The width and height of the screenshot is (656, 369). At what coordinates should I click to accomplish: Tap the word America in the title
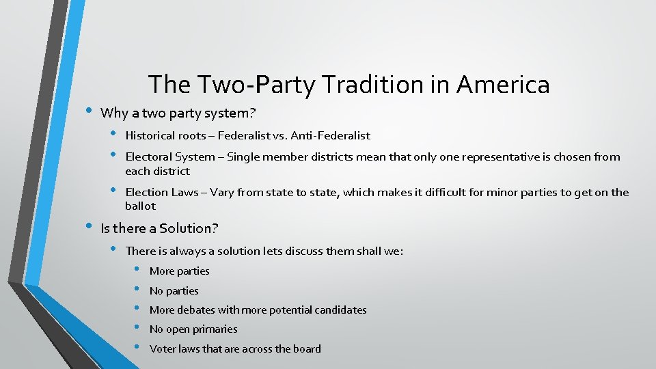pos(503,85)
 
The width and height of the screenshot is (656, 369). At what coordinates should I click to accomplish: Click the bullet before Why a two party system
pos(87,110)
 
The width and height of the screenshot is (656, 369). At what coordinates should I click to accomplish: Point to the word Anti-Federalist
pos(331,135)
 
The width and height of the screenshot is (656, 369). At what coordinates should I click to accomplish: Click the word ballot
pos(141,206)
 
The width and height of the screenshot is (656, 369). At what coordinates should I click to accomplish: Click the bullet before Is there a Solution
pos(87,226)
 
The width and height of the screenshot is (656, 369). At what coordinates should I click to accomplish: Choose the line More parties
pos(179,271)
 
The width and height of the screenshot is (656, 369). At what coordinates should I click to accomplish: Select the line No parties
pos(174,291)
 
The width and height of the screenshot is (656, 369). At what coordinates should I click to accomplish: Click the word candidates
pos(340,310)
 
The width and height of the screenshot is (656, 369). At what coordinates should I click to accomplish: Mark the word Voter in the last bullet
pos(163,349)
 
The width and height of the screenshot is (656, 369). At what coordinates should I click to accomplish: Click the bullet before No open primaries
pos(137,329)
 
